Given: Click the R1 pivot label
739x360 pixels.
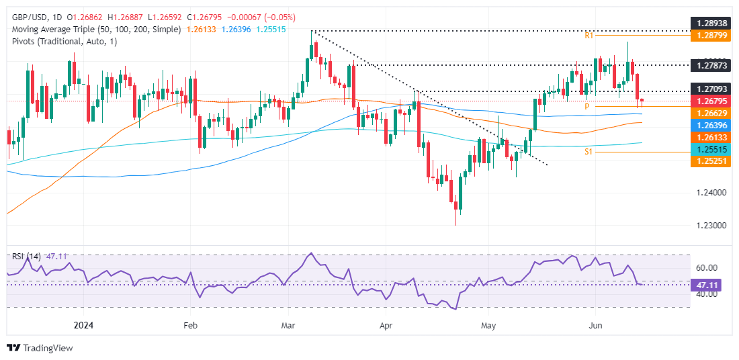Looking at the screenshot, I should click(x=588, y=35).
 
